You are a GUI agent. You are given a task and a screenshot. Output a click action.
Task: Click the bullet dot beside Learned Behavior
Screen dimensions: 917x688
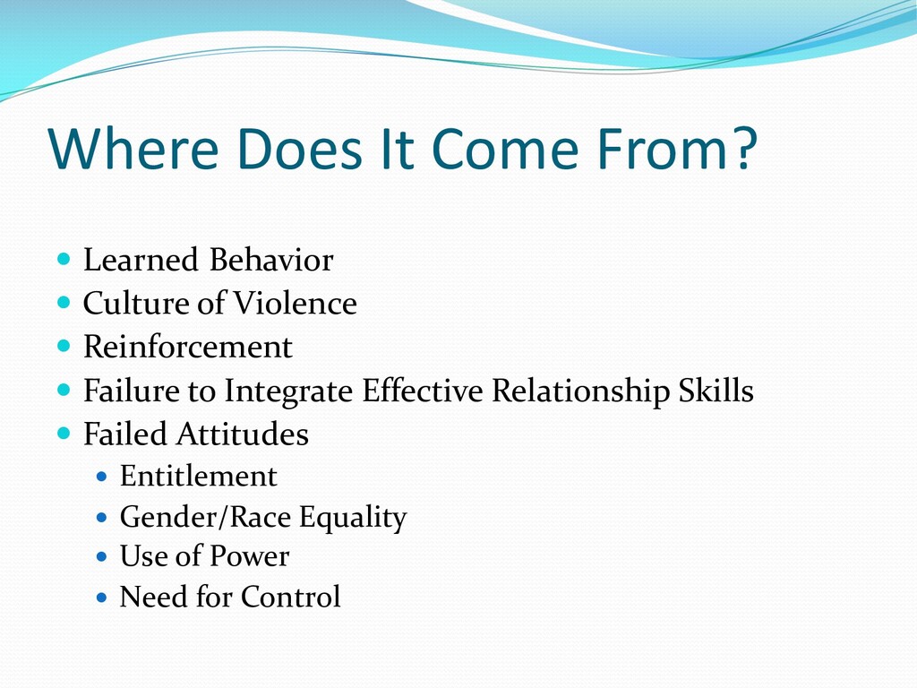[x=64, y=259]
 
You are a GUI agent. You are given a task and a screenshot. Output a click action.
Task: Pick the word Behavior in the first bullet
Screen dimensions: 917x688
[x=271, y=260]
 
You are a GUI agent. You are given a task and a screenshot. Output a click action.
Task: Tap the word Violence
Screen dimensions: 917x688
[x=296, y=303]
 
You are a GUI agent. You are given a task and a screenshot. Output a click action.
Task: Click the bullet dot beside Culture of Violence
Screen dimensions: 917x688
[x=64, y=302]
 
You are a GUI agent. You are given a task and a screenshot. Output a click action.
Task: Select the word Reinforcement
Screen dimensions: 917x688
[x=188, y=347]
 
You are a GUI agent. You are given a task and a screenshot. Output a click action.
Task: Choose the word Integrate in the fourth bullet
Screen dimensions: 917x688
[x=288, y=391]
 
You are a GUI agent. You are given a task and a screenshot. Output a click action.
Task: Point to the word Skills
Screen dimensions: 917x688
[x=716, y=391]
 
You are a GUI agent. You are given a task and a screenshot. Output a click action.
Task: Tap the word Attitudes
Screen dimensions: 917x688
[x=243, y=434]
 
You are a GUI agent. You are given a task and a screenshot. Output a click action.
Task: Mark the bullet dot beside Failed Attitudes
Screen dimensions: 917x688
[x=64, y=433]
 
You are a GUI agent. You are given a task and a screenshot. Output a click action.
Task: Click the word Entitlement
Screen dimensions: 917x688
[x=198, y=476]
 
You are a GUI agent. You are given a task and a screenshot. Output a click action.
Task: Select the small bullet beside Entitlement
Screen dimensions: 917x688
[x=102, y=477]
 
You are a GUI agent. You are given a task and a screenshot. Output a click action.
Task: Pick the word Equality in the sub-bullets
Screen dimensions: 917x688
[x=353, y=518]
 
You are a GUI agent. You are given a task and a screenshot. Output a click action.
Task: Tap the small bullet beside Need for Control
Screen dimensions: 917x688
[x=102, y=598]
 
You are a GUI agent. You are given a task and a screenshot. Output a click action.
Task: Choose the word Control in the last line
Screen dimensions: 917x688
[x=291, y=597]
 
